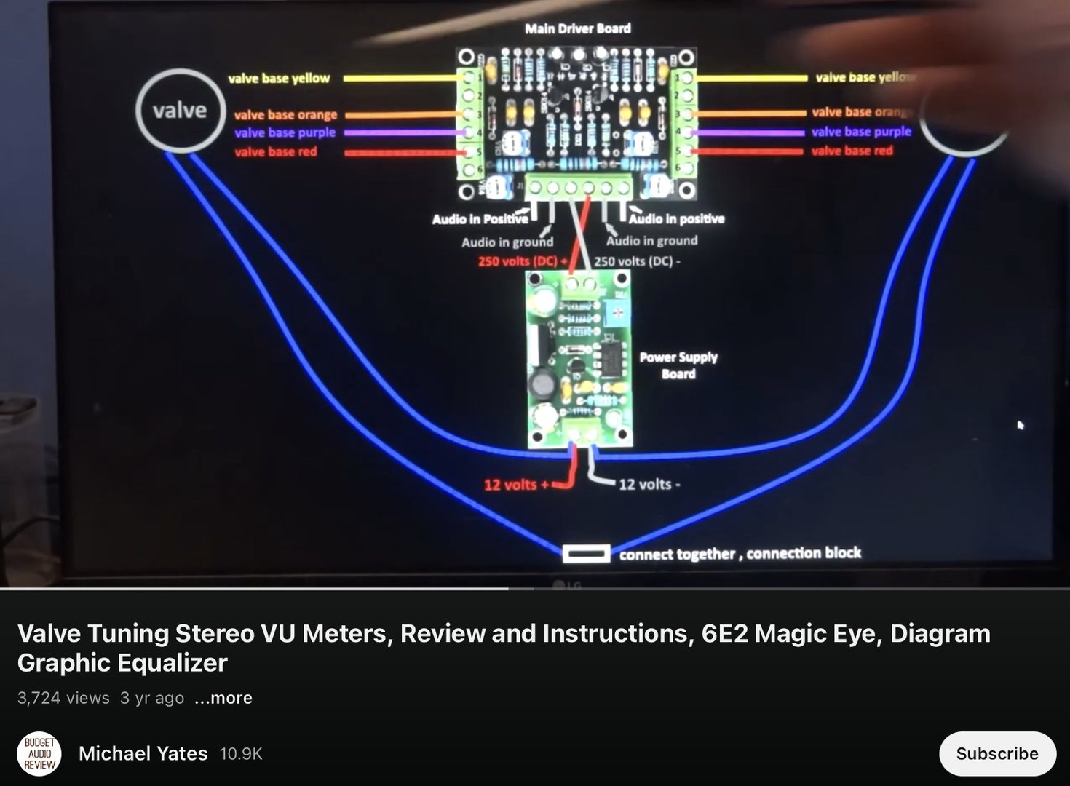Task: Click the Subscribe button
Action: pos(996,753)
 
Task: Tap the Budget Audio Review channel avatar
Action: pos(39,754)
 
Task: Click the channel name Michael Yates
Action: pos(143,753)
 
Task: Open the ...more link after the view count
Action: pos(223,698)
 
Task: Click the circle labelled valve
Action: pos(180,111)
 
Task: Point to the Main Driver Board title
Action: pos(578,28)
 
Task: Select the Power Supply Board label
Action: pos(678,365)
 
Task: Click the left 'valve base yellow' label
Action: pos(279,78)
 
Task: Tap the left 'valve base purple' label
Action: pos(285,132)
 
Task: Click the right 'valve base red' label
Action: pos(852,151)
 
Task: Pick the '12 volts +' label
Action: pos(516,485)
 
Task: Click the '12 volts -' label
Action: pos(649,484)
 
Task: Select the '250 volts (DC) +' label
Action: pos(522,261)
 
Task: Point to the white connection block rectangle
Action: pos(586,554)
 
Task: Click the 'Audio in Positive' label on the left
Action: pos(480,219)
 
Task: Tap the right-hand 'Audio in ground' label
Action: pos(651,241)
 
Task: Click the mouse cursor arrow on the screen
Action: pos(1021,425)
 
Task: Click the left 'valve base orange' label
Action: pos(285,115)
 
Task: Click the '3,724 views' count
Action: pos(63,698)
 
